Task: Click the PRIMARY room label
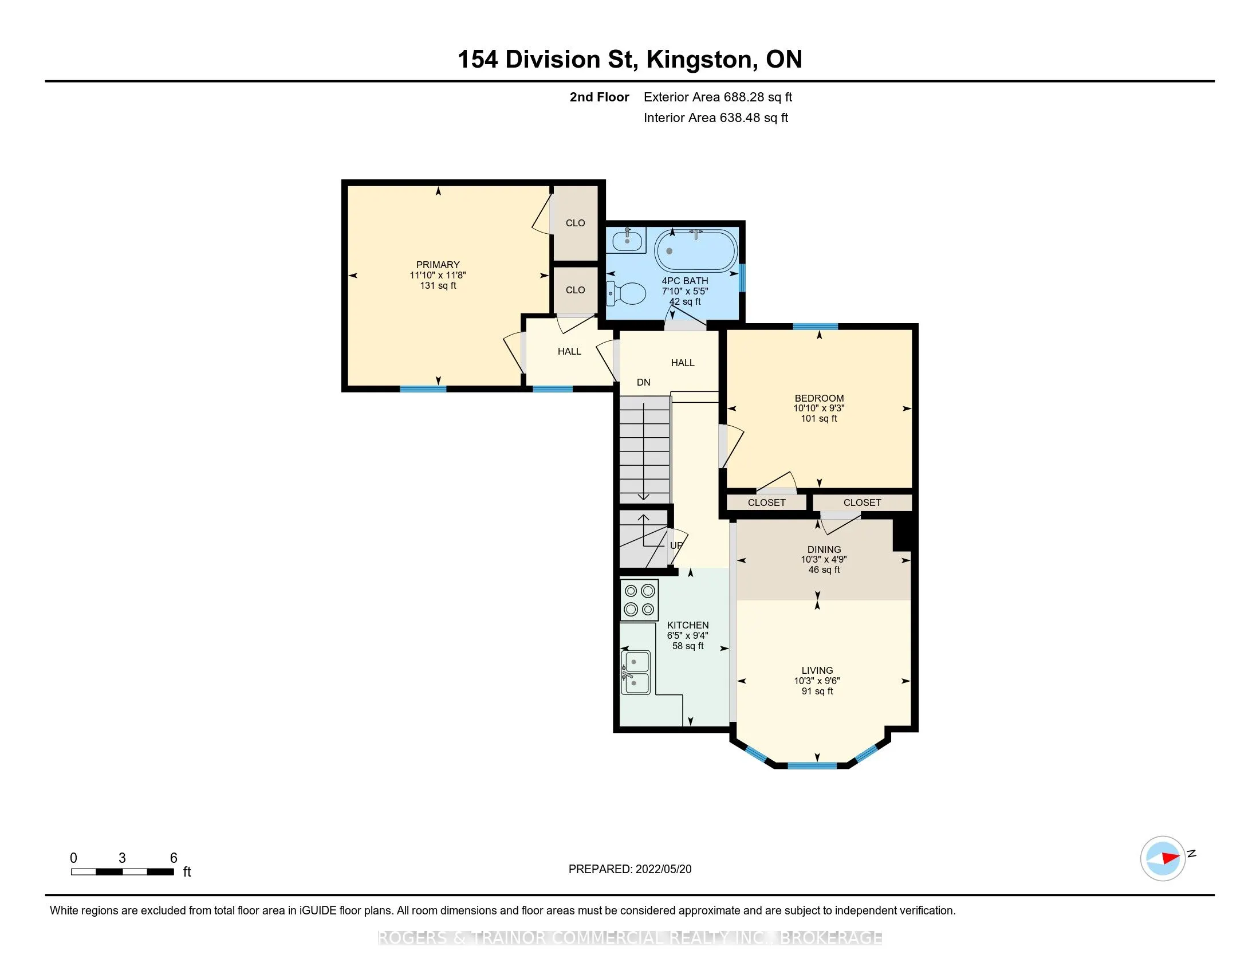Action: coord(438,265)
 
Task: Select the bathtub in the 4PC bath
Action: coord(696,251)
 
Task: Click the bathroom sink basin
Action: coord(627,240)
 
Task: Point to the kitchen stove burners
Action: coord(639,600)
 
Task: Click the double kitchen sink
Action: coord(635,672)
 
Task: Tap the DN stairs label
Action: coord(643,382)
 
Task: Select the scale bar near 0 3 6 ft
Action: coord(123,872)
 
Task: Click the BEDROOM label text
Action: coord(819,398)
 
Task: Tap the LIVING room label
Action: coord(817,670)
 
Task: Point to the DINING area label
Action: coord(824,549)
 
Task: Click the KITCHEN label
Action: coord(688,625)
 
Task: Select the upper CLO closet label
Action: coord(575,223)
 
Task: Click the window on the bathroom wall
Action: coord(742,278)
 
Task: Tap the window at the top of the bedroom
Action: coord(815,327)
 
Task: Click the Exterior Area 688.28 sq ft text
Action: coord(718,97)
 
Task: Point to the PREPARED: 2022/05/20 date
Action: coord(630,869)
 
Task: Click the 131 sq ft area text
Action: coord(438,286)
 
